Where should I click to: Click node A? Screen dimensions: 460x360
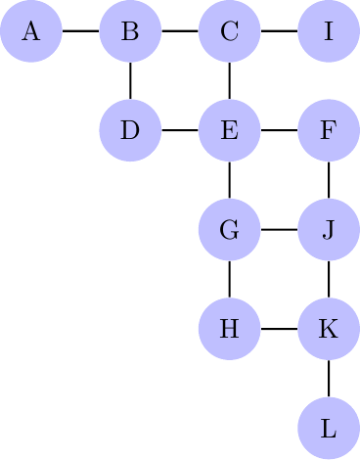pos(31,31)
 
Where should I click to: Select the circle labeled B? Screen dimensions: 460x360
pos(130,31)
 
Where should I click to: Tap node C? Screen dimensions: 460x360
pos(230,31)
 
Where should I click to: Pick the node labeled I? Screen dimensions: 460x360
pos(329,31)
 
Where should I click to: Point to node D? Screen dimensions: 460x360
pos(130,130)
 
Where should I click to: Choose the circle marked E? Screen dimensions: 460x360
pos(230,130)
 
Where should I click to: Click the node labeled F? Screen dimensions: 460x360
pos(329,130)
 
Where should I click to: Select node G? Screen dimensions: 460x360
pos(230,230)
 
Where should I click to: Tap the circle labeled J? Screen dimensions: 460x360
pos(329,230)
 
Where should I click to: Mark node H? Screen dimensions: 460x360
pos(230,329)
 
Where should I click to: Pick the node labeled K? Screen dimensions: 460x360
pos(329,329)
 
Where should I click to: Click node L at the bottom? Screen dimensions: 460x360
pos(329,428)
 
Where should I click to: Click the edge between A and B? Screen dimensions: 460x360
pos(80,31)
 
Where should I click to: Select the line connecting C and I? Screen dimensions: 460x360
pos(279,31)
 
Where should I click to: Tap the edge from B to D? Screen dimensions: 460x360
pos(130,80)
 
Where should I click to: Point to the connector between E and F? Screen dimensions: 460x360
pos(279,130)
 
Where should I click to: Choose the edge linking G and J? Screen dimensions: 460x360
pos(279,230)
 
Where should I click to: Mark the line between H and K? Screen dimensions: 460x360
pos(279,329)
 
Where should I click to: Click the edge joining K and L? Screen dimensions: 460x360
pos(329,378)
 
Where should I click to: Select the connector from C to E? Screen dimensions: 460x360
pos(230,80)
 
